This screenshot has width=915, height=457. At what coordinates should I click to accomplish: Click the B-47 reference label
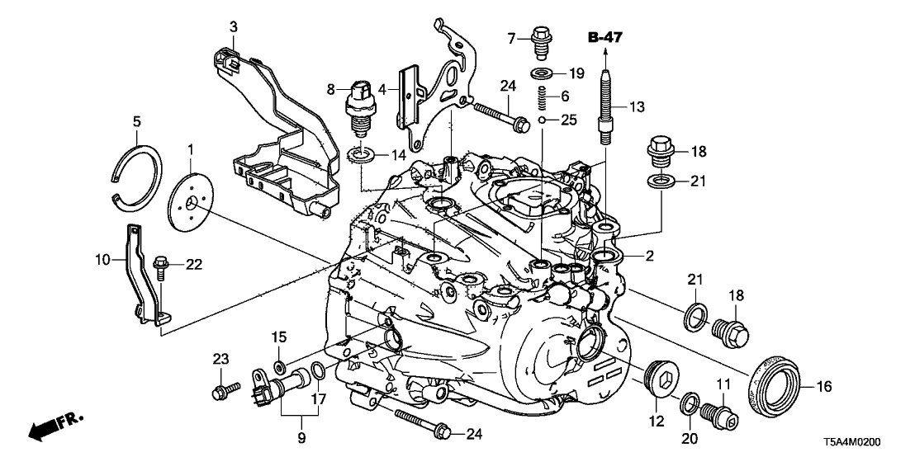[x=606, y=36]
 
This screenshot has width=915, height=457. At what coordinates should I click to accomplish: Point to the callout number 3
[x=234, y=28]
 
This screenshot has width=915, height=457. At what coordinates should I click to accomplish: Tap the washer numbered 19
[x=542, y=74]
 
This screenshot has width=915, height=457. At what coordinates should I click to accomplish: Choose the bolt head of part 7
[x=541, y=37]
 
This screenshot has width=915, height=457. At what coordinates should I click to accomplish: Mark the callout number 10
[x=101, y=259]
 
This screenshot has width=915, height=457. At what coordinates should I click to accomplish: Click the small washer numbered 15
[x=279, y=365]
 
